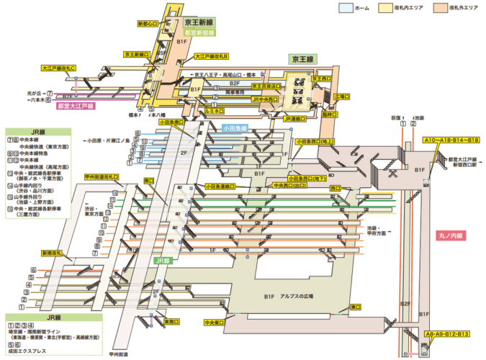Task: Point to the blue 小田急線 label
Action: click(234, 128)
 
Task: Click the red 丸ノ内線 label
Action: click(451, 235)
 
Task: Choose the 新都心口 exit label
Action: click(147, 24)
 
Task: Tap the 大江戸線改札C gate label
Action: click(59, 68)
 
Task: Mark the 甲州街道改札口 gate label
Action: click(102, 176)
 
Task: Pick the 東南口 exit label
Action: click(172, 321)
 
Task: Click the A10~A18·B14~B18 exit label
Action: click(451, 140)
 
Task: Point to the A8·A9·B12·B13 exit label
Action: click(447, 334)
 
